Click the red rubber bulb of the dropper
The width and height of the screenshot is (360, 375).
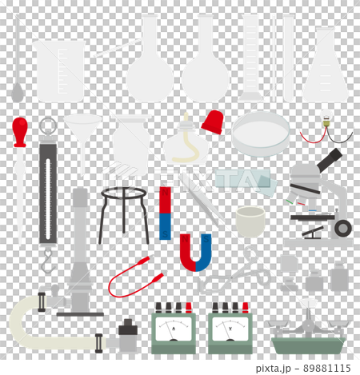coord(20,131)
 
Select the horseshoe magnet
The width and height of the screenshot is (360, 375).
coord(195,255)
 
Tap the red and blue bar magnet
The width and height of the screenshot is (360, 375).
coord(165,213)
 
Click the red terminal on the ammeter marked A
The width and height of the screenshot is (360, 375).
coord(188,308)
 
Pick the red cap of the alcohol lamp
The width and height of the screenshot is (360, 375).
coord(211,122)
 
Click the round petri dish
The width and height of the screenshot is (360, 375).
coord(261,133)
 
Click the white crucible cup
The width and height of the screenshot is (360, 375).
coord(251,221)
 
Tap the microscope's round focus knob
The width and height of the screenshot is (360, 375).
coord(342,229)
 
